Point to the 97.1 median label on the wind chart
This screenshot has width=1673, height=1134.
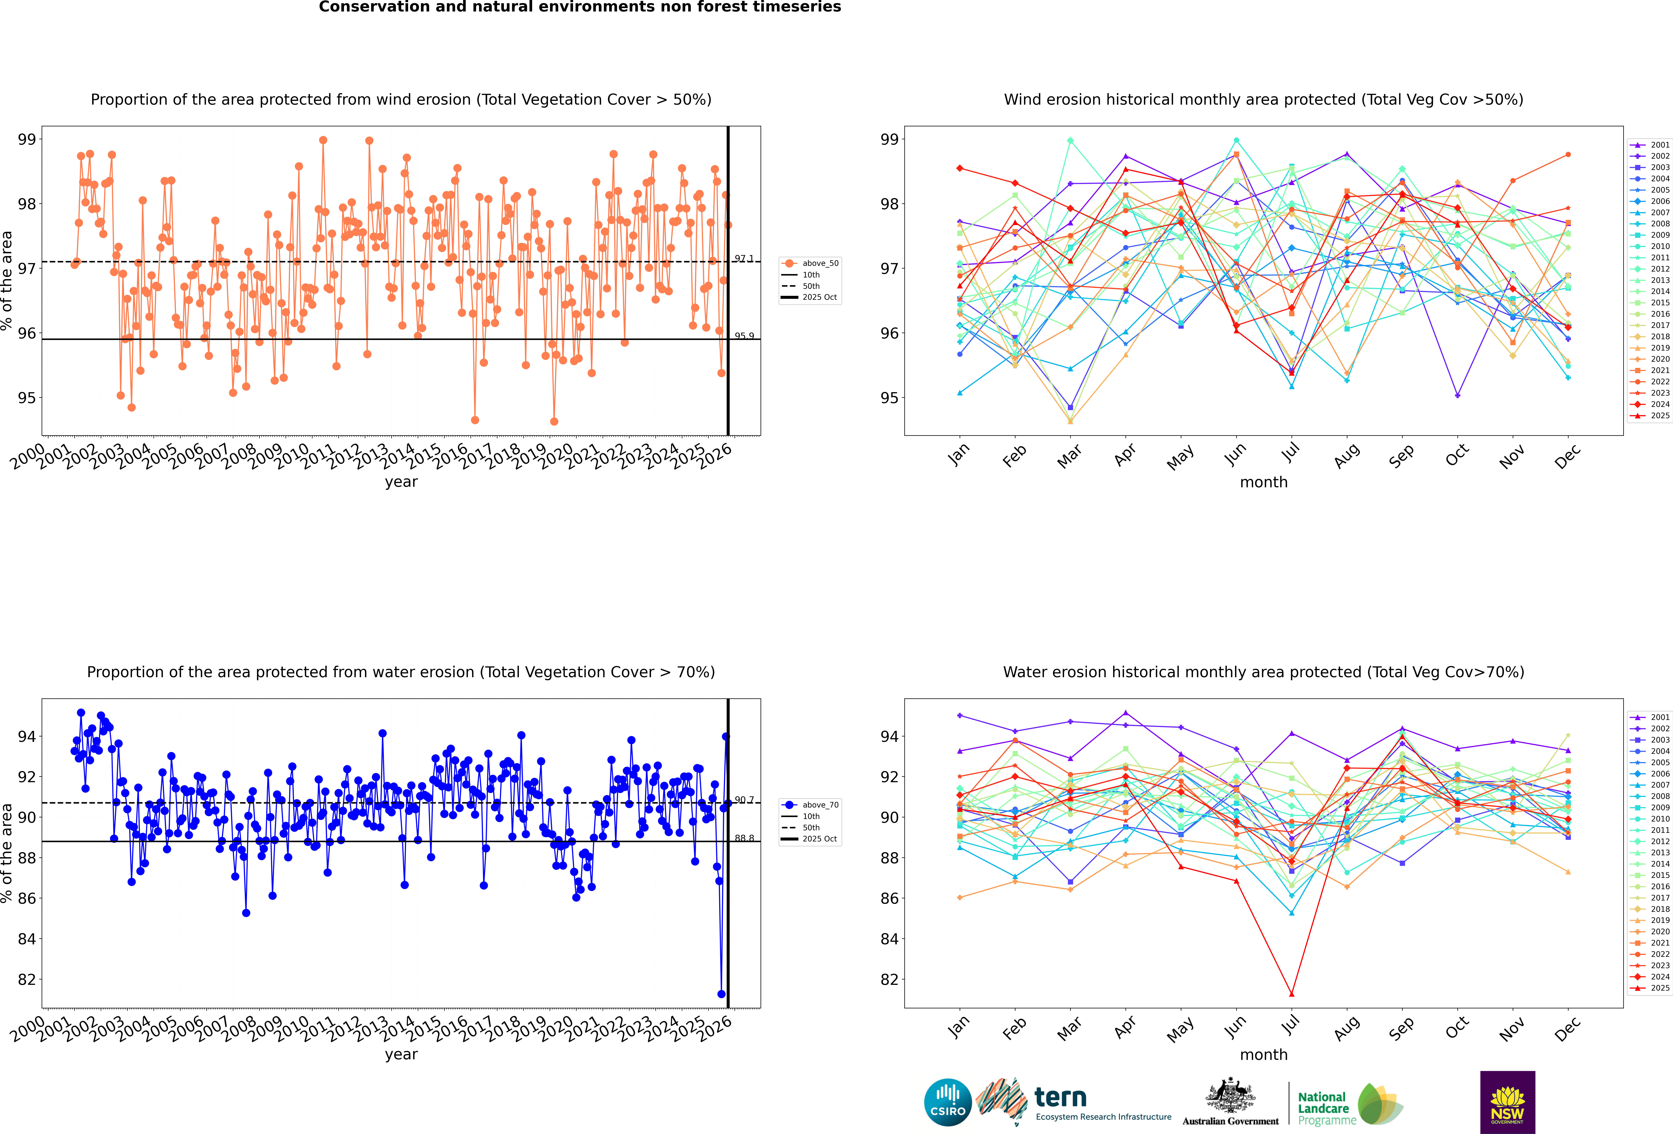click(x=744, y=258)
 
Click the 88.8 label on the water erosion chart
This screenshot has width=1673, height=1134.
click(x=744, y=838)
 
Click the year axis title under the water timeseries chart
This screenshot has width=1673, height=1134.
click(x=401, y=1054)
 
